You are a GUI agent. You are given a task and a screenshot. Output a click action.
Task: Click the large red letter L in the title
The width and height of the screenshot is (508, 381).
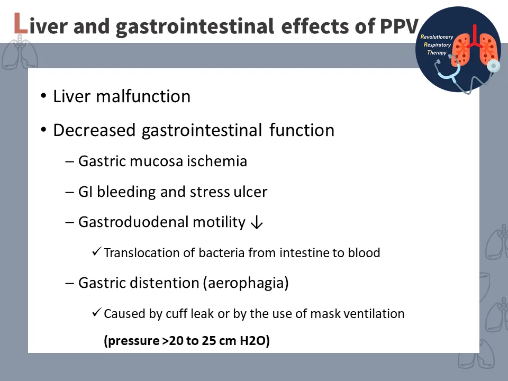21,23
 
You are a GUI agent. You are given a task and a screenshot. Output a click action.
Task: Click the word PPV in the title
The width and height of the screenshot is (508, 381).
399,26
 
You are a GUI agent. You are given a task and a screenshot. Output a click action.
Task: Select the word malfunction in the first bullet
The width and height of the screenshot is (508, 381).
143,96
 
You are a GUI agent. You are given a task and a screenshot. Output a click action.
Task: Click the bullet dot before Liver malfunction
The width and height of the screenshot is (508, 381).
44,96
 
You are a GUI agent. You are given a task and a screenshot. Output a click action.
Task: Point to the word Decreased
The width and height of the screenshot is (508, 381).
94,130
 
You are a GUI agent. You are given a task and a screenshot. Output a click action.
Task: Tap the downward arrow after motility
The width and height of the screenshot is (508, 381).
257,222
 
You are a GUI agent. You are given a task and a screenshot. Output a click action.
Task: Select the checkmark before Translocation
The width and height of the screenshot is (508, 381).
96,251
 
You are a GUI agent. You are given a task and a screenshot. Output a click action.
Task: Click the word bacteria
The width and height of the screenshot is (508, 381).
222,253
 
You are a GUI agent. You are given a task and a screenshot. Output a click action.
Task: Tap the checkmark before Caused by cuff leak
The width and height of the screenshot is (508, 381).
96,312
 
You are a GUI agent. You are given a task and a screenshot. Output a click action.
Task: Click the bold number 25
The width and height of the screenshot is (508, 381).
208,340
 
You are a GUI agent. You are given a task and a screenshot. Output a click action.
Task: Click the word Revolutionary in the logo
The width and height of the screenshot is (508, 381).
437,37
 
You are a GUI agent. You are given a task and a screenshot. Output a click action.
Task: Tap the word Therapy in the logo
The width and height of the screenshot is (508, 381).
437,52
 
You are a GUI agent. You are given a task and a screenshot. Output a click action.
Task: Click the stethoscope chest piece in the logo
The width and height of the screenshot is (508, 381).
493,66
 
